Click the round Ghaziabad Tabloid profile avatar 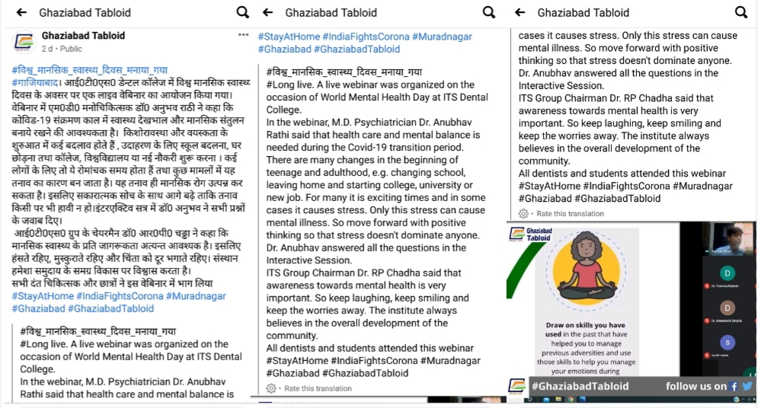[24, 40]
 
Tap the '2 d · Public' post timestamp [62, 48]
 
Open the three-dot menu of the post [243, 35]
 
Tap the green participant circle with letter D [729, 272]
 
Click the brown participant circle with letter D [729, 307]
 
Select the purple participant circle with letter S [729, 343]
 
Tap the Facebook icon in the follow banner [734, 387]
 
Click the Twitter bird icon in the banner [747, 387]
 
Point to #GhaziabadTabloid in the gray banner [580, 387]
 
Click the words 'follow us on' [696, 387]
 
